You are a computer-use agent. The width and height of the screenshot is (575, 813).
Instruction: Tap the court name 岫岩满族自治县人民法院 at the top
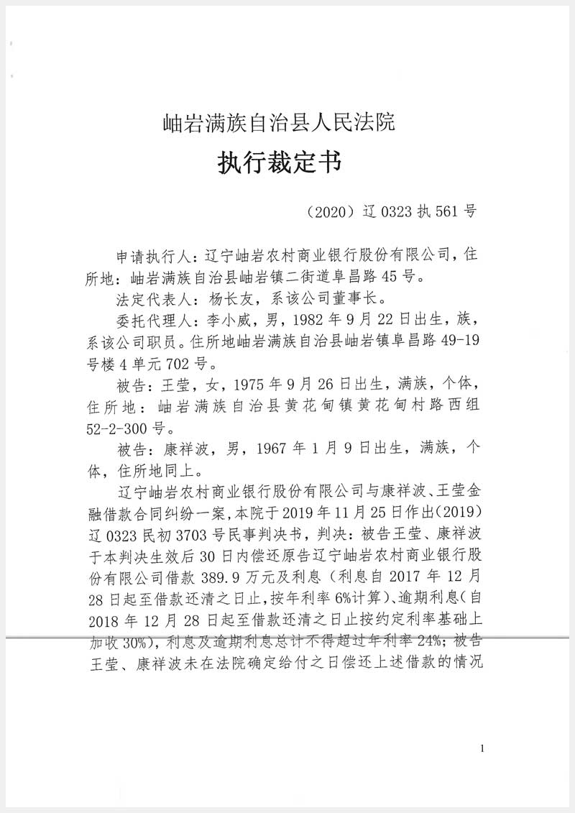click(x=279, y=123)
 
